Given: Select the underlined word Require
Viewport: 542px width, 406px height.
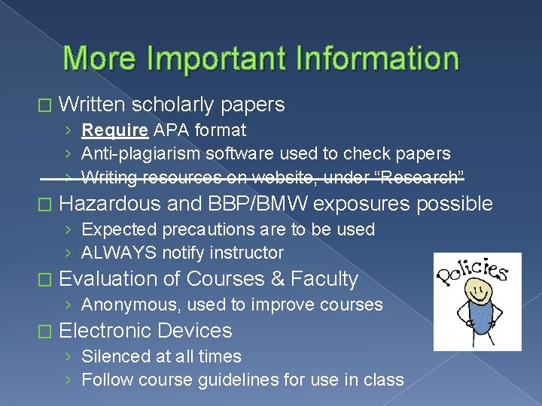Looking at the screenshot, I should point(115,131).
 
